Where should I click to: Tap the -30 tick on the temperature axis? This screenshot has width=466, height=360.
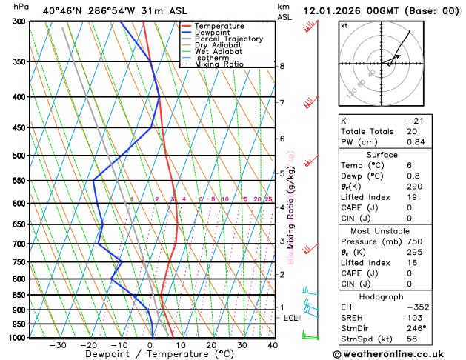pos(58,344)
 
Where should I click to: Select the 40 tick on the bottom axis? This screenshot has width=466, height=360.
pos(273,344)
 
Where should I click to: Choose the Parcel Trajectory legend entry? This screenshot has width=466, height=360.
pos(228,39)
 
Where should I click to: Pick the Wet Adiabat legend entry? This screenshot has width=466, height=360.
pos(219,51)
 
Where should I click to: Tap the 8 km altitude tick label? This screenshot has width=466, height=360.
pos(282,66)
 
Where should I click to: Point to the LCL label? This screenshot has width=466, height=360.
pos(290,318)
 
